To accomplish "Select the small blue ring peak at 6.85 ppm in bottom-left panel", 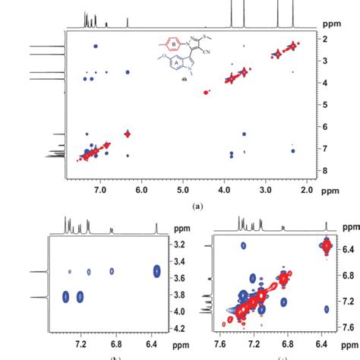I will point(112,271).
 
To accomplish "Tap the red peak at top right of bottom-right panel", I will point(327,245).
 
